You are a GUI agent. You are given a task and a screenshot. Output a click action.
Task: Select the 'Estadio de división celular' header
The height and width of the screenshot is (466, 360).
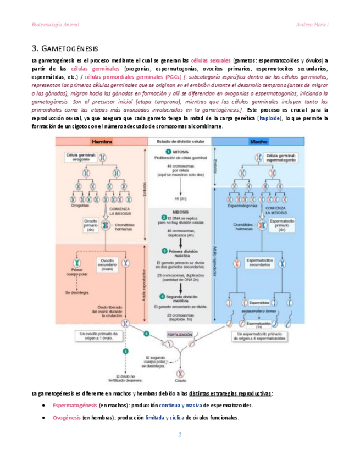(x=179, y=141)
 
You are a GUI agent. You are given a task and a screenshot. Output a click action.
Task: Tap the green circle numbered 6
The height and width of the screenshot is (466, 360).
(x=146, y=334)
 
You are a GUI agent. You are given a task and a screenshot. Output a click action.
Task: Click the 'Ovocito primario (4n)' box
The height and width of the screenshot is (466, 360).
(x=91, y=225)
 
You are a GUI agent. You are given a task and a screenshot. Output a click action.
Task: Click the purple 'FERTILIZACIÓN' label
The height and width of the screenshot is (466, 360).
(x=180, y=334)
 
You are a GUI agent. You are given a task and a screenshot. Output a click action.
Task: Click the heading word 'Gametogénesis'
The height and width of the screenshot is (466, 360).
(x=69, y=48)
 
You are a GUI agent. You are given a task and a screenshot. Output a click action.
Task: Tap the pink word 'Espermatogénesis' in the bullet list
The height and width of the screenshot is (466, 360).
(x=75, y=405)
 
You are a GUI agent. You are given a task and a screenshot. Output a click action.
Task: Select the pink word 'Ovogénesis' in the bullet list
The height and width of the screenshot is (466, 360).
(x=67, y=417)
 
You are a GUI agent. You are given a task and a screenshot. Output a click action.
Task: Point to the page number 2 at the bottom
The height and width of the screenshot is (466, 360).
(x=180, y=434)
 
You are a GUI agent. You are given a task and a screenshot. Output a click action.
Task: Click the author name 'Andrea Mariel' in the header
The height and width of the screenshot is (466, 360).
(x=313, y=25)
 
